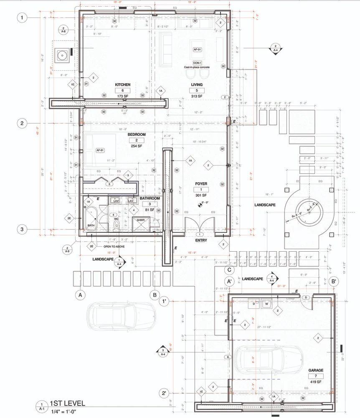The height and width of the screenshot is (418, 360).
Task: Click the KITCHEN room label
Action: coord(123,84)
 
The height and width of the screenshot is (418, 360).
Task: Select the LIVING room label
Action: coord(197,84)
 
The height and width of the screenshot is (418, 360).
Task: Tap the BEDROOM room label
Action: coord(136,134)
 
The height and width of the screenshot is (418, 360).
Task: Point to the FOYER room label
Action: coord(201,184)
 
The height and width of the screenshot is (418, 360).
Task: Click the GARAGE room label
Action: coord(316,370)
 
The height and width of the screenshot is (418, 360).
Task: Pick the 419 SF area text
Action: coord(316,382)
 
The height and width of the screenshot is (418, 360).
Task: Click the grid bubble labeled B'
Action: coord(334,281)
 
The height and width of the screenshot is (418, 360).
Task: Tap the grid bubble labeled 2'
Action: coord(165,393)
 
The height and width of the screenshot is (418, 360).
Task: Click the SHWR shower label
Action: coord(141,220)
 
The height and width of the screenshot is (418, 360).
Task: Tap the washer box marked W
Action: coord(266,304)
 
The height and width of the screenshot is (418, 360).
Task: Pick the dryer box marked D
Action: coord(253,304)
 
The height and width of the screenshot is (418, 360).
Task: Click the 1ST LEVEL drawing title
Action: coord(67,403)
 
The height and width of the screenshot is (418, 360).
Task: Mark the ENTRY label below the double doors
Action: coord(201,241)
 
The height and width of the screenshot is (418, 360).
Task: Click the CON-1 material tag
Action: coord(197,63)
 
